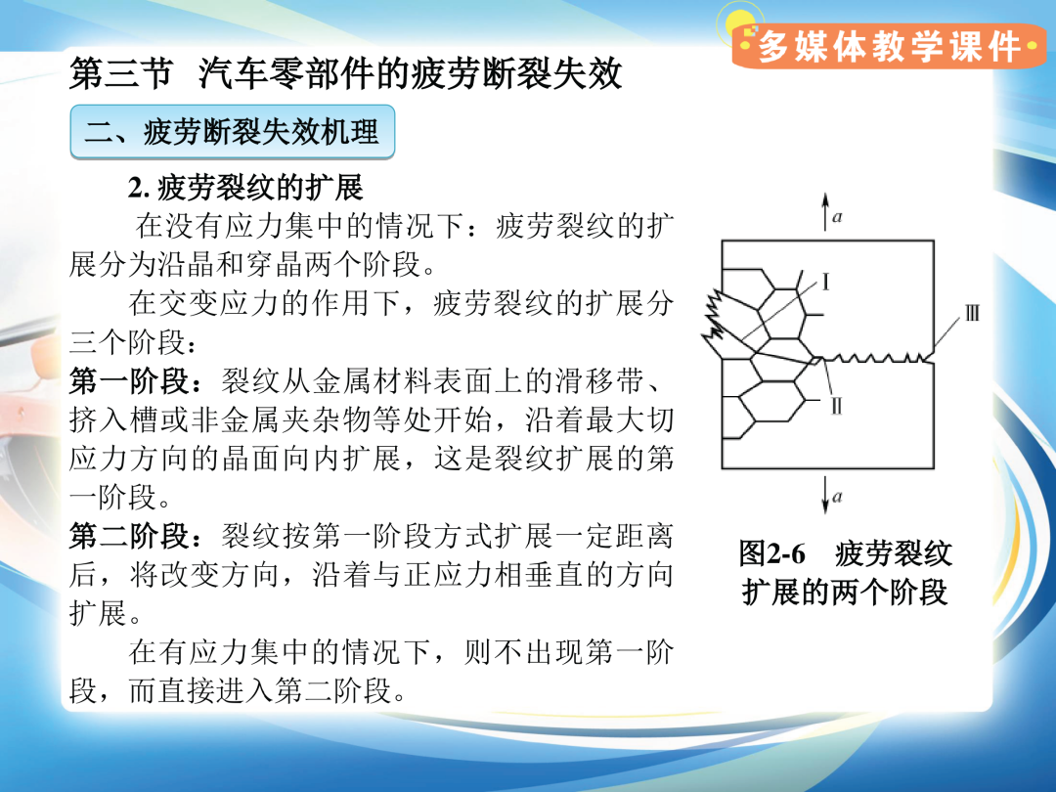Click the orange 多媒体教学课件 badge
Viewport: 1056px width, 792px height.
[x=888, y=47]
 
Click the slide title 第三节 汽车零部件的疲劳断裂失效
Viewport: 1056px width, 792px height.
[x=345, y=73]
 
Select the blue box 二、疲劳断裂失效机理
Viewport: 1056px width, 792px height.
[x=233, y=132]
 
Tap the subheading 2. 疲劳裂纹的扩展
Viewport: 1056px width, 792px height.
[x=245, y=188]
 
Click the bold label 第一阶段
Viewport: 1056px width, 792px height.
[x=129, y=382]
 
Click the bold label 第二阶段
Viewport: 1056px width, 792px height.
[x=129, y=537]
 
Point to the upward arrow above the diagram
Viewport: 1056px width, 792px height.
[x=825, y=212]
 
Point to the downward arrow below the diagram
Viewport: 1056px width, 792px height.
[x=825, y=495]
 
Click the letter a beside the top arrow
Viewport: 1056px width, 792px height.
[x=837, y=217]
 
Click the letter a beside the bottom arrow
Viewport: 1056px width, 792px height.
[x=837, y=497]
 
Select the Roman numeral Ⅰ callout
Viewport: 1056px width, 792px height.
[x=825, y=282]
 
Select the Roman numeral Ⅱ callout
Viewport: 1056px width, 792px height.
[x=836, y=406]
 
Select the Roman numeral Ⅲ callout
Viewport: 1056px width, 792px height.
[x=972, y=313]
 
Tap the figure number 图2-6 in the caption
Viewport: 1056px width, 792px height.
[x=772, y=554]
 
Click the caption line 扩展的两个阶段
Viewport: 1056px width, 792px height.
[x=845, y=593]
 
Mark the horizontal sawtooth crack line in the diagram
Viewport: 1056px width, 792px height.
[x=875, y=358]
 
